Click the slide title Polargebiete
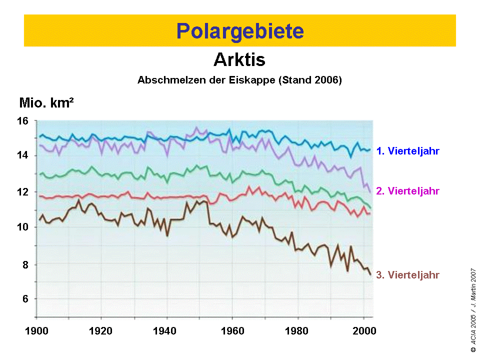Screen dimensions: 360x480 tap(240, 31)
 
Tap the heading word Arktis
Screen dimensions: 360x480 tap(239, 60)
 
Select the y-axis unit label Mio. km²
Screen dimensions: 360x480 tap(47, 103)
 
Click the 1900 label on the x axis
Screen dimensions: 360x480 tap(36, 330)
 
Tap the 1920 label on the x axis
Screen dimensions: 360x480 tap(101, 330)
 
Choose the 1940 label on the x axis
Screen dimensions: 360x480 tap(167, 330)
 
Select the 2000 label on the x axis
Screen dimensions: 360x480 tap(362, 330)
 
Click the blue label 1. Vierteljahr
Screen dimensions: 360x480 tap(407, 151)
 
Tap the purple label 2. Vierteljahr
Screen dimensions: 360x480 tap(407, 191)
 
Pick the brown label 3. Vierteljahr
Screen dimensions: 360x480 tap(407, 275)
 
